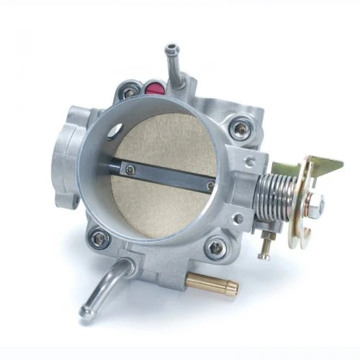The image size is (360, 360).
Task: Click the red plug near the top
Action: (153, 89)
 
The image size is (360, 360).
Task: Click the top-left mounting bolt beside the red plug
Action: (130, 92)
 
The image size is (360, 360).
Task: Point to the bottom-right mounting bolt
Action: (215, 248)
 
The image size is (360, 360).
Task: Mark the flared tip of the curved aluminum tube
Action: (87, 311)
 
